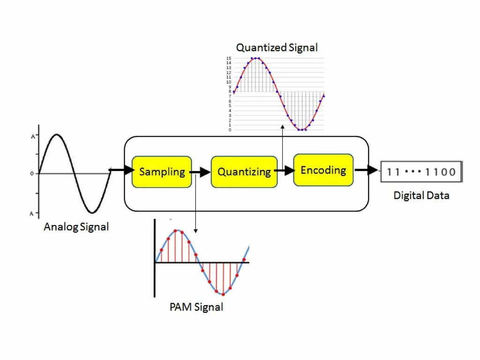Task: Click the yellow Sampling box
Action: pos(162,172)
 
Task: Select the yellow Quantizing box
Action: pos(244,172)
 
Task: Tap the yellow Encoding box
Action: pos(323,170)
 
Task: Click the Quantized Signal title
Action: pos(277,47)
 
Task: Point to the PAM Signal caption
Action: pos(196,307)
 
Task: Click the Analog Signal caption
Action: pos(76,227)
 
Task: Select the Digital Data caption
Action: pos(421,195)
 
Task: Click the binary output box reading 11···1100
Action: pos(421,172)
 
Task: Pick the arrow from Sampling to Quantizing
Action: pos(201,172)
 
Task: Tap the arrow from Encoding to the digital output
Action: pos(366,170)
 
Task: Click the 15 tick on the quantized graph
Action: pos(229,58)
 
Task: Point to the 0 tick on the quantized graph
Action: pos(229,130)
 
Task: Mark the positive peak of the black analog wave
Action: pos(57,135)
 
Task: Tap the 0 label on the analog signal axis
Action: pos(32,174)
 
